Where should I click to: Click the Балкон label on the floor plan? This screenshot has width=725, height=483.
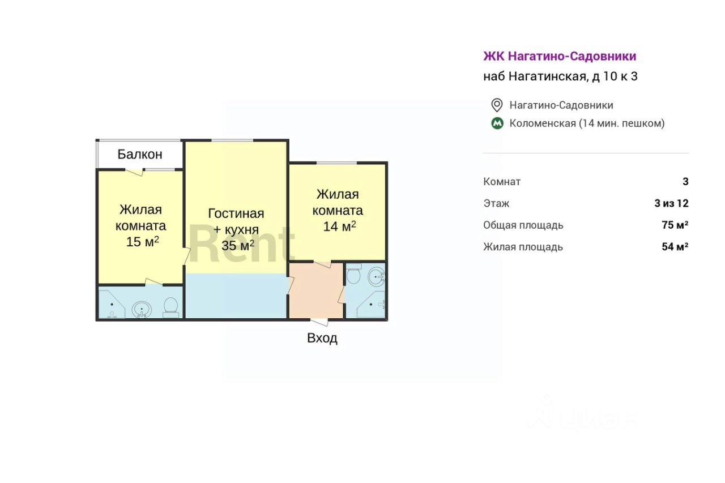[140, 154]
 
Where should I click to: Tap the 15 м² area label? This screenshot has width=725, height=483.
[142, 242]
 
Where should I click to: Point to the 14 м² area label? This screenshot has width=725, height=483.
[339, 226]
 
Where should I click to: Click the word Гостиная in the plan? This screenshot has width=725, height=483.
[236, 213]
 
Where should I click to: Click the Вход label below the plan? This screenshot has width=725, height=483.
[322, 339]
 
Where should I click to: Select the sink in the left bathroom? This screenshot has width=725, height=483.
[142, 309]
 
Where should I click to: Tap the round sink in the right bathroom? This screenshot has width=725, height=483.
[376, 277]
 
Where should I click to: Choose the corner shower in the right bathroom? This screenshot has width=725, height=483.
[373, 305]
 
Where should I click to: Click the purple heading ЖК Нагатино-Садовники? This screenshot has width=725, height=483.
[560, 56]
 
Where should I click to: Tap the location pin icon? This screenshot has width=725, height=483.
[497, 105]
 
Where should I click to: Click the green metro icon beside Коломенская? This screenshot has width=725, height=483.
[497, 123]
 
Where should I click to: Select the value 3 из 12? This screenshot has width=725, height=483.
[671, 203]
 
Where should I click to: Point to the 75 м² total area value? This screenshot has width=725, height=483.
[675, 225]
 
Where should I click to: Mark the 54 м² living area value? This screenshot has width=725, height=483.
[675, 247]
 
